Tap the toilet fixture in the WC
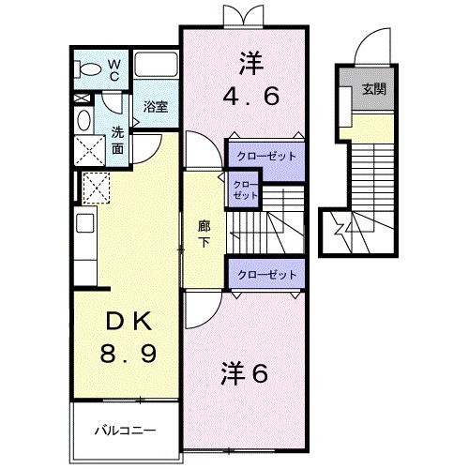tap(88, 69)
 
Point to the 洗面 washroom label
tap(116, 140)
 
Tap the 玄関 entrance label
tap(373, 90)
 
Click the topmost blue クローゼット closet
tap(265, 155)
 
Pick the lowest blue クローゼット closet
tap(265, 274)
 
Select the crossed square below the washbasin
tap(95, 188)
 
